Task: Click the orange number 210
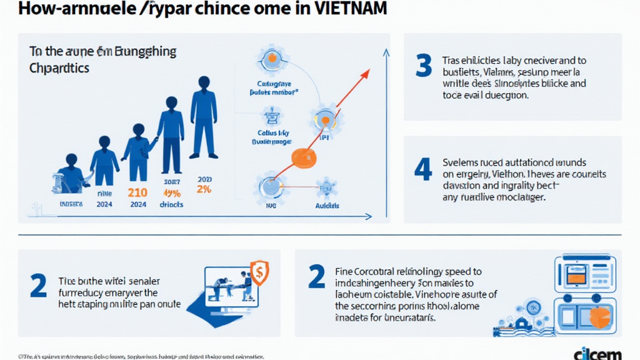pos(137,192)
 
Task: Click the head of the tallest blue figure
pos(203,82)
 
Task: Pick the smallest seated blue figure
pos(70,175)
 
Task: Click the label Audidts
pos(327,205)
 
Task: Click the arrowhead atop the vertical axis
pos(388,55)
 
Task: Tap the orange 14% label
pos(171,192)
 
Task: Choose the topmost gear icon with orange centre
pos(272,60)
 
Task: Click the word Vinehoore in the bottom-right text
pos(446,294)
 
